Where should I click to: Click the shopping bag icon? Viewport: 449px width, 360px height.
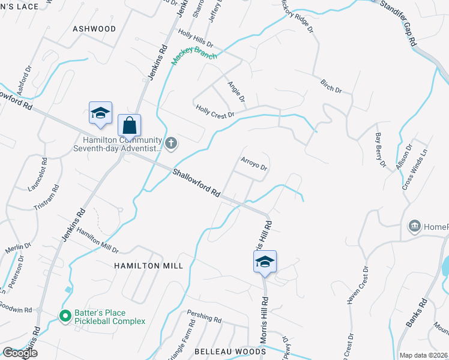(129, 126)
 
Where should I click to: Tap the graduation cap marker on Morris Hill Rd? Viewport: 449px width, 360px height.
(265, 262)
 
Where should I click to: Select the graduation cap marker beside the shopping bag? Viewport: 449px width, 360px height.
(100, 113)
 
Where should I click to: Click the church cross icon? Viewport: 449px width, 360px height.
(171, 143)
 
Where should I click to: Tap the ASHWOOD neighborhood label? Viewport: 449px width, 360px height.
(94, 29)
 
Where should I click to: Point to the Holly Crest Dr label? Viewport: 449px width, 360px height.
(214, 111)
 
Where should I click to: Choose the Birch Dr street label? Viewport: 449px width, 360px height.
(331, 86)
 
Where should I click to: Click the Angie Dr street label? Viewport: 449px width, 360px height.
(237, 91)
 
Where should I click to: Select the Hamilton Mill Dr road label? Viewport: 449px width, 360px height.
(97, 241)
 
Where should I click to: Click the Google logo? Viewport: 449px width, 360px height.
(20, 353)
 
